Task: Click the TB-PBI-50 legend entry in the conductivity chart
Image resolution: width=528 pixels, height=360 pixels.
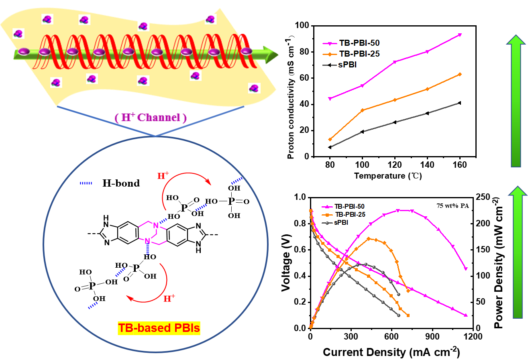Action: [x=351, y=43]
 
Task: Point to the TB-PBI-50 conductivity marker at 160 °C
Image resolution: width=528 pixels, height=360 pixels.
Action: [x=460, y=35]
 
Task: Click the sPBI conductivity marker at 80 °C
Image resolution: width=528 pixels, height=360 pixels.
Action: [x=330, y=147]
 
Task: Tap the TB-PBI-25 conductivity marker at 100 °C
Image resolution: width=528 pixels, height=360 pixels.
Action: [x=363, y=110]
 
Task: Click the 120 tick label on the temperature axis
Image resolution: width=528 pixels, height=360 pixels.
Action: [x=395, y=165]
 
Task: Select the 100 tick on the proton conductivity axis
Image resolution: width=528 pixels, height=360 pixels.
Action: [x=302, y=25]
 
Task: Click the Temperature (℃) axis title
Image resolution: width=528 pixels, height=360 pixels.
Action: [x=388, y=176]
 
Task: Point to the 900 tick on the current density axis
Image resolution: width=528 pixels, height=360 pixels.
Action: [x=432, y=336]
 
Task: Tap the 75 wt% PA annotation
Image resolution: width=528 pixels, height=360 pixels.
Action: [x=453, y=205]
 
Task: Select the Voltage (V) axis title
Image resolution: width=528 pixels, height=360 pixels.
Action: [x=286, y=262]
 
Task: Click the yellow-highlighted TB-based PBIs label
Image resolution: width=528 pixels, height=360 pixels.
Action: [x=159, y=328]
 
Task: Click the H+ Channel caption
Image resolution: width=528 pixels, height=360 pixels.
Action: [x=151, y=117]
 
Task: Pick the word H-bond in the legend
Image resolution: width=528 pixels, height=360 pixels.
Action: [x=121, y=183]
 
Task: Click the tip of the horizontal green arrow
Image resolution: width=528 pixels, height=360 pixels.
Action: [x=278, y=55]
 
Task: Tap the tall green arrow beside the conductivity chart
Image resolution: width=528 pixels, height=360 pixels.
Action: [x=516, y=101]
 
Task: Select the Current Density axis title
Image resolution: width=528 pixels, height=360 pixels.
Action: [x=391, y=352]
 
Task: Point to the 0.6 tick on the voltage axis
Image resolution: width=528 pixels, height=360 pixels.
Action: [x=300, y=250]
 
